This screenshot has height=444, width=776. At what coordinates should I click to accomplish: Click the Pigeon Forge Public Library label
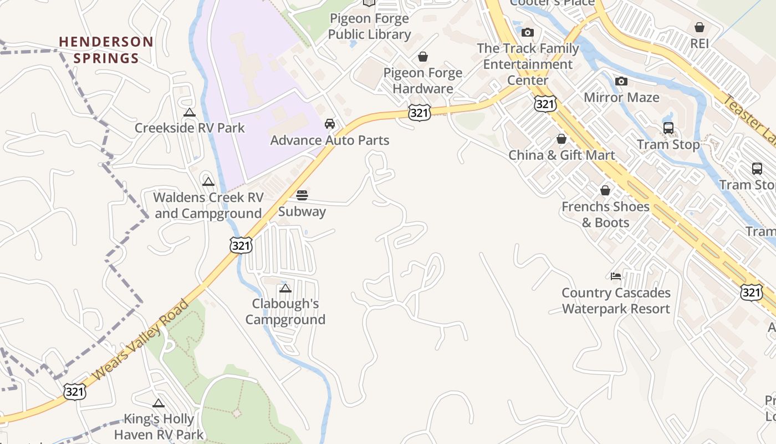click(x=369, y=26)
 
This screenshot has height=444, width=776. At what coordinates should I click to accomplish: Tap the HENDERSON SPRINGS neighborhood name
click(x=106, y=50)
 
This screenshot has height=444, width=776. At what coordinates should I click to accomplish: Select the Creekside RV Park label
click(x=190, y=128)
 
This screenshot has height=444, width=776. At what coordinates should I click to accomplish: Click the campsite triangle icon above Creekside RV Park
click(x=190, y=113)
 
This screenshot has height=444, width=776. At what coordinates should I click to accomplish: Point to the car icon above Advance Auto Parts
click(x=330, y=124)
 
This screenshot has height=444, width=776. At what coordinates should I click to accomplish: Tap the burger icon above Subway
click(x=302, y=195)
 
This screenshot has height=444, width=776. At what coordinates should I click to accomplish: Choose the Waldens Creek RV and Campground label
click(x=208, y=205)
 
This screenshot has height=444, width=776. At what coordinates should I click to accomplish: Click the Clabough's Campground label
click(x=285, y=311)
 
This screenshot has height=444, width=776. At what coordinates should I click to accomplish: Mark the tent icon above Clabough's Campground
click(x=285, y=289)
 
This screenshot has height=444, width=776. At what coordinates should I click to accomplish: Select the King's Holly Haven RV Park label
click(x=159, y=427)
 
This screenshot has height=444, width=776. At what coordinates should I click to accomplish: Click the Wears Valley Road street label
click(x=141, y=341)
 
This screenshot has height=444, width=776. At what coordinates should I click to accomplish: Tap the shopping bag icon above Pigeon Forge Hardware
click(x=423, y=57)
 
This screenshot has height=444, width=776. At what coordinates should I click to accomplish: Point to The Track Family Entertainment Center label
click(x=528, y=64)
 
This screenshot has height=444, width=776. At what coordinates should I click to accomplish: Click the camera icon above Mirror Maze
click(x=621, y=82)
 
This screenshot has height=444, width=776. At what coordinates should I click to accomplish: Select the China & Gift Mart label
click(x=561, y=155)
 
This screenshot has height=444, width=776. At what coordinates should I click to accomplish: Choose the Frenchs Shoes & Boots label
click(x=605, y=214)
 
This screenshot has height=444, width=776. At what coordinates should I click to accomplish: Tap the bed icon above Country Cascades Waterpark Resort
click(x=616, y=276)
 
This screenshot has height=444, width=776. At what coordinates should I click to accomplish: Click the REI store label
click(x=700, y=43)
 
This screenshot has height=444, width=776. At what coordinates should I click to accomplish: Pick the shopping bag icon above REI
click(x=700, y=27)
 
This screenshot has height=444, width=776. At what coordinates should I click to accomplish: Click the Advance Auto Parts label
click(x=330, y=140)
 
